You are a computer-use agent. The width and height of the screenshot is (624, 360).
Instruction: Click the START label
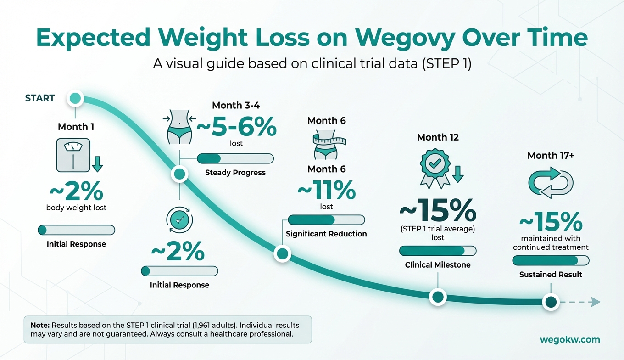point(40,98)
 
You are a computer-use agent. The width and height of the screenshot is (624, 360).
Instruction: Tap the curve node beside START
point(75,98)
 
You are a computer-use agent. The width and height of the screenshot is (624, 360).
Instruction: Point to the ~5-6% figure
point(236,126)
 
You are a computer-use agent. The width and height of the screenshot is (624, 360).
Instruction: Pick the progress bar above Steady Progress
point(235,158)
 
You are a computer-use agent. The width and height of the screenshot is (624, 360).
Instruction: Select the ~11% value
point(326,190)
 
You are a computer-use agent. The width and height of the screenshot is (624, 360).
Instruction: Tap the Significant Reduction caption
point(326,234)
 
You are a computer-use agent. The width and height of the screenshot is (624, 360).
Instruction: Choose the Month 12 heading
point(438,137)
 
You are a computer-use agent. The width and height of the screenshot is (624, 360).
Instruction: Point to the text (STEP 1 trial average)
point(438,229)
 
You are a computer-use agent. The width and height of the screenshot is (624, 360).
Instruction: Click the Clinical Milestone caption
point(438,265)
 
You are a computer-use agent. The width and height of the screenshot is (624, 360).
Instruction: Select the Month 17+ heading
point(551,155)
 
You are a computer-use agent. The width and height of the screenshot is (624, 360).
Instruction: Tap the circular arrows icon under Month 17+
point(551,182)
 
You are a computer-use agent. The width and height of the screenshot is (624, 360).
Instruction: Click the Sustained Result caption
point(551,275)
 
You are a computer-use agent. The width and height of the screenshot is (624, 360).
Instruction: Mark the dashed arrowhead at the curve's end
point(595,302)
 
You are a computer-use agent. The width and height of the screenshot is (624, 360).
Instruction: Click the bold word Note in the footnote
point(40,325)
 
